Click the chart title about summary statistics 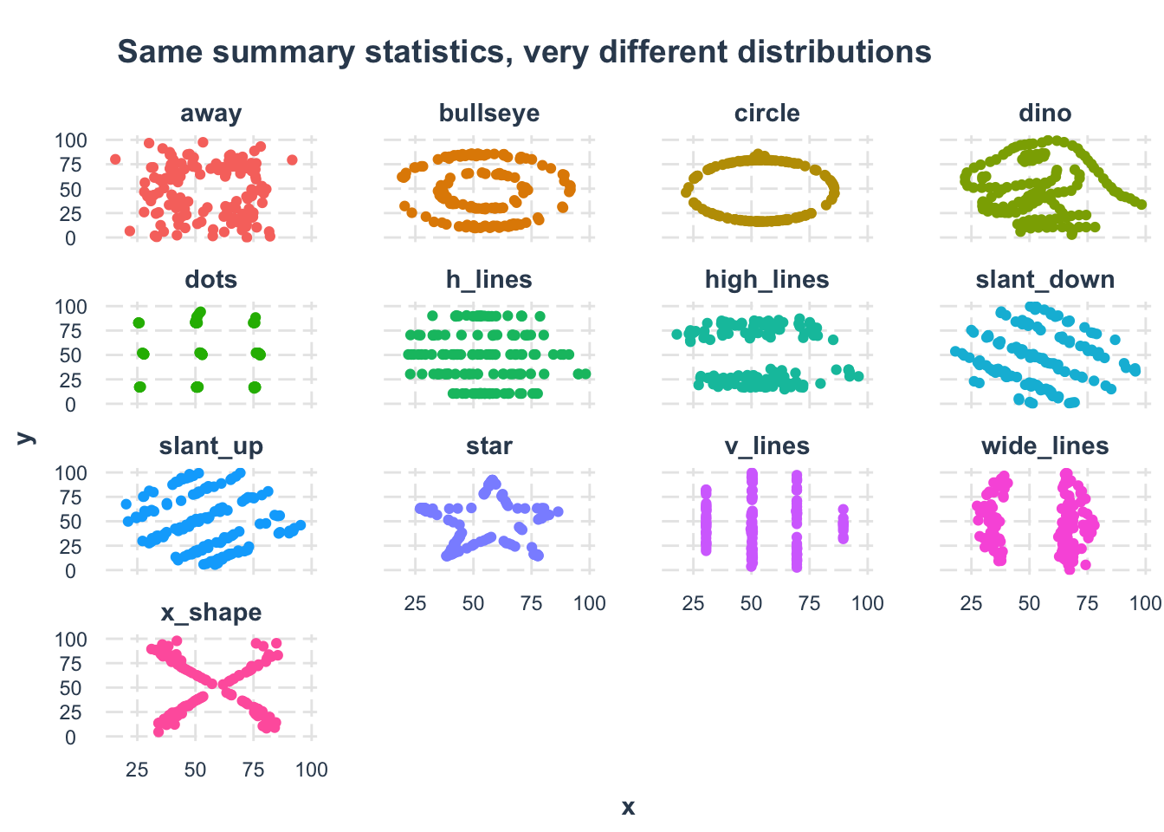[x=524, y=52]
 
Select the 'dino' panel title [x=1045, y=114]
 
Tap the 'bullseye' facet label [x=489, y=114]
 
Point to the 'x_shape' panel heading [x=211, y=613]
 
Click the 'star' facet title [x=489, y=446]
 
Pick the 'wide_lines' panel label [x=1045, y=446]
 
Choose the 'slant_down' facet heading [x=1045, y=280]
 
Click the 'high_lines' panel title [x=767, y=280]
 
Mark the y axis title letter [x=25, y=439]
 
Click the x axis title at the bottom [x=628, y=808]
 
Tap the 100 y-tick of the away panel [x=71, y=140]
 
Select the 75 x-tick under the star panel [x=532, y=603]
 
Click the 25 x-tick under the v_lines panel [x=694, y=603]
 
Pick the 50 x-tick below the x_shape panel [x=196, y=770]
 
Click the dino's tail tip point [x=1141, y=205]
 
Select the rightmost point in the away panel [x=292, y=159]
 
